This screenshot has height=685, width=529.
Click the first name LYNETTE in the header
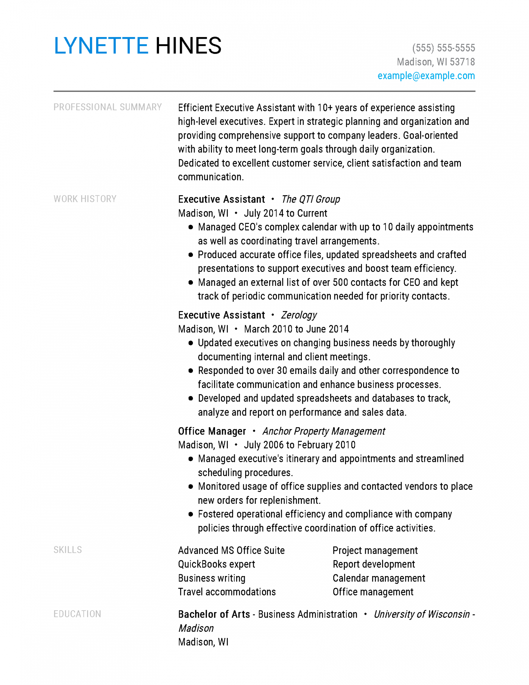101,46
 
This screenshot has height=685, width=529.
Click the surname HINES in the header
188,46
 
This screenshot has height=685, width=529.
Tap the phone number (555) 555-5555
443,48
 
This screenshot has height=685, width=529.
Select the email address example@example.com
426,76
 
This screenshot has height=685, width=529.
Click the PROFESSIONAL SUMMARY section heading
108,107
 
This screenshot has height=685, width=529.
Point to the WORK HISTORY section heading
85,199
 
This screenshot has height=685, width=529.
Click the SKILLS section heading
67,550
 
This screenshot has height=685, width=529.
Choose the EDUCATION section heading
77,614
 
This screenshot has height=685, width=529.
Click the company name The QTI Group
310,199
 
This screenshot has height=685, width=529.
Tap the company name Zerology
299,315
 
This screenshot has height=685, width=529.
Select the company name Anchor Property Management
324,431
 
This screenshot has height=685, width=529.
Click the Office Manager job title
212,431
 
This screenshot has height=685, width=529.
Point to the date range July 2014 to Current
285,213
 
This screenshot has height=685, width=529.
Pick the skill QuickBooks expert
216,564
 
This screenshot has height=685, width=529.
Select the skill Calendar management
379,578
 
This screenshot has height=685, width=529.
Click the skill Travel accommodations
227,592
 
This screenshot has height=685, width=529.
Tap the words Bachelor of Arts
214,614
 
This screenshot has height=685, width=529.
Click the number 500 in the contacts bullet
340,282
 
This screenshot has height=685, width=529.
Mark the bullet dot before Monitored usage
191,486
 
